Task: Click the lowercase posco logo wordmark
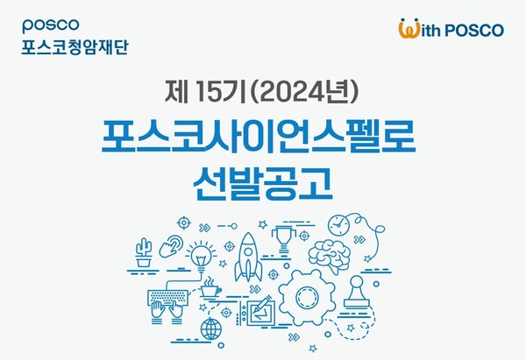[x=51, y=25]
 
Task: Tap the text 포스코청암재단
[x=75, y=47]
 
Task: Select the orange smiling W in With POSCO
[x=409, y=28]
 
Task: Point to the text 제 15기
[x=205, y=92]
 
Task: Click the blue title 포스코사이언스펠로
[x=259, y=138]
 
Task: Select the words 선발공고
[x=263, y=184]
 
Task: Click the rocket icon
[x=248, y=257]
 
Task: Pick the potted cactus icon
[x=144, y=252]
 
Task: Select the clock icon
[x=338, y=225]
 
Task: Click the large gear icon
[x=307, y=297]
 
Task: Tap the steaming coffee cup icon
[x=210, y=287]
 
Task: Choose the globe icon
[x=211, y=328]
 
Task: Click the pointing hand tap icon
[x=171, y=246]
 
